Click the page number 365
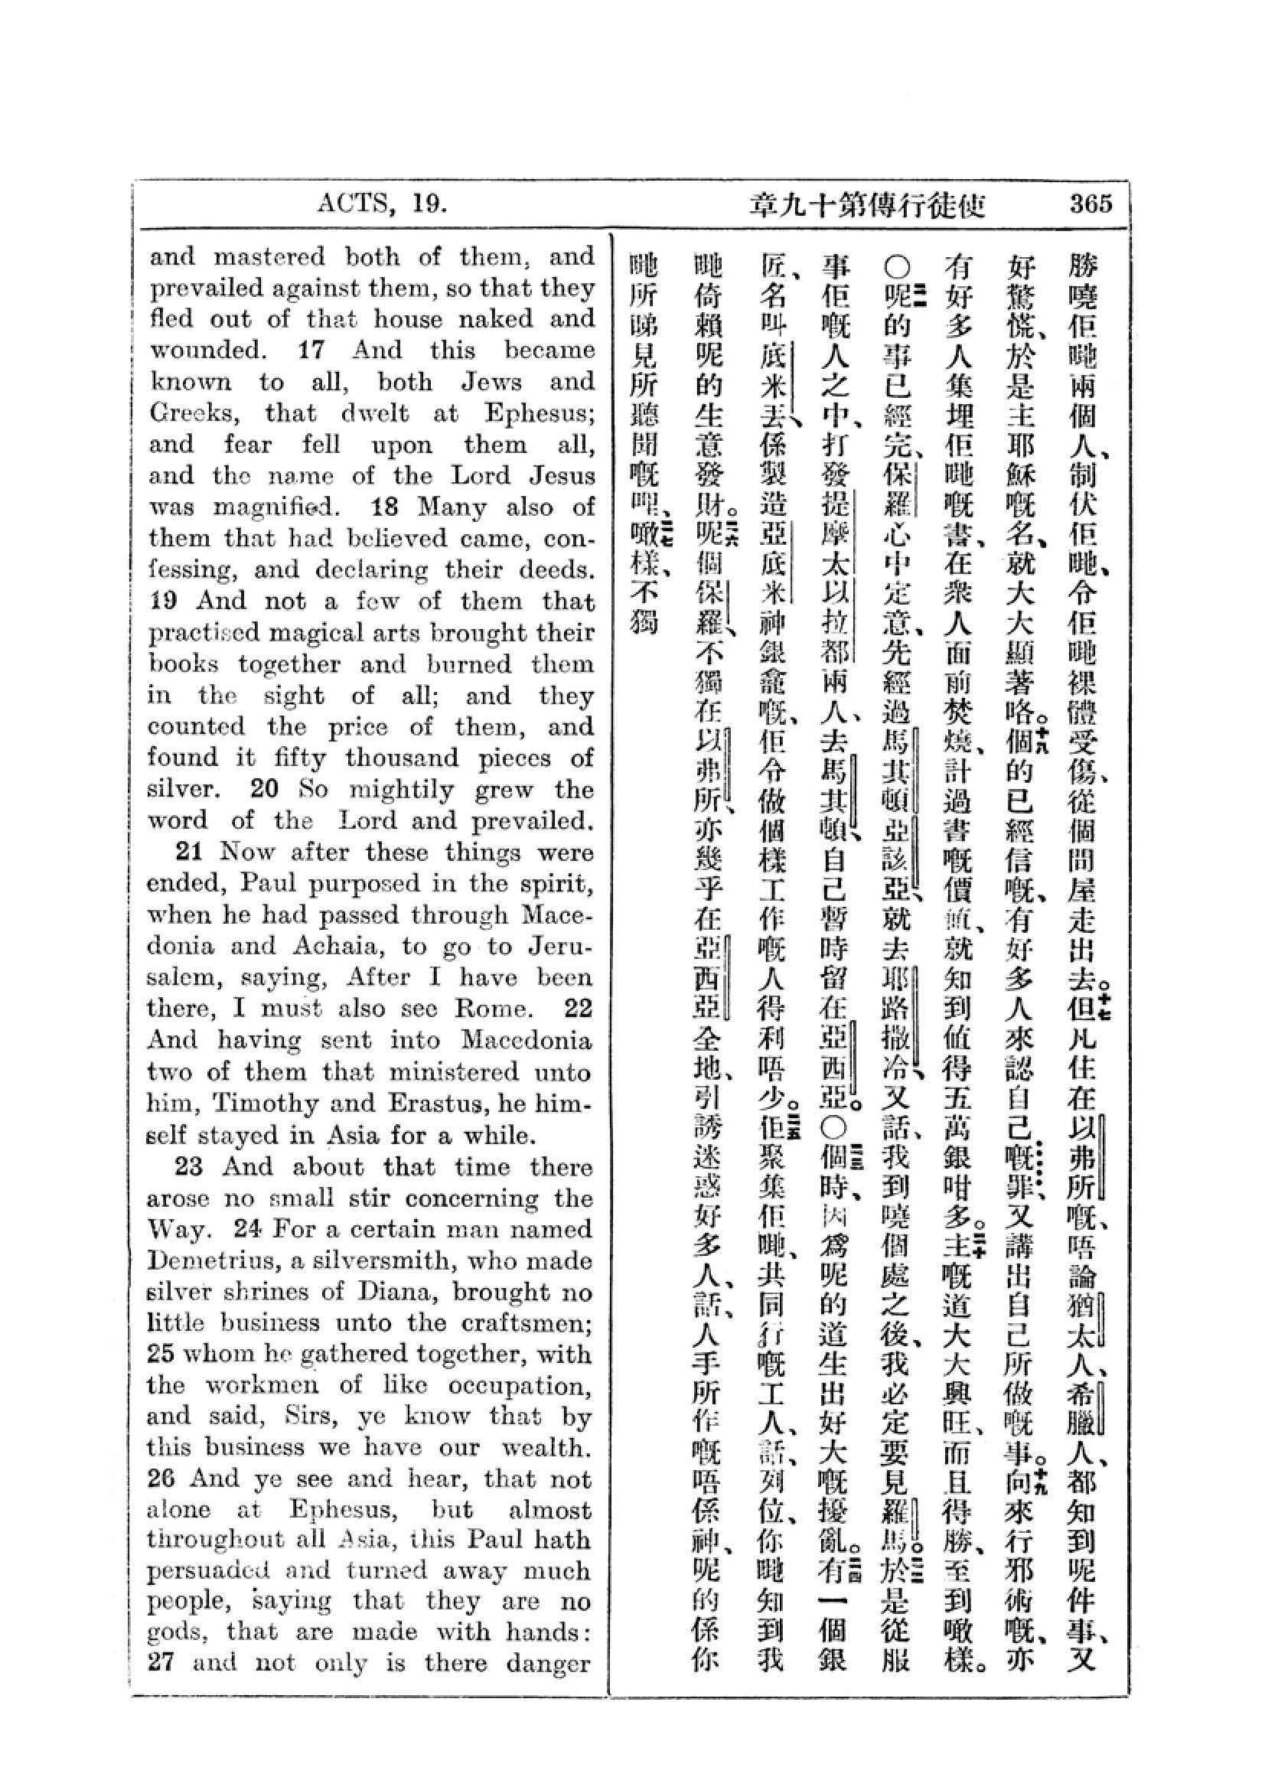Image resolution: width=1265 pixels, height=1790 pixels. click(1090, 204)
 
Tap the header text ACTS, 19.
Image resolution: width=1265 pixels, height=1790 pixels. click(382, 204)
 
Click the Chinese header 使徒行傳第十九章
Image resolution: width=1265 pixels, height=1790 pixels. click(868, 205)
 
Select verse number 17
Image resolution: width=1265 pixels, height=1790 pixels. click(311, 350)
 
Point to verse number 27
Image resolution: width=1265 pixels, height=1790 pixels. click(161, 1664)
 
